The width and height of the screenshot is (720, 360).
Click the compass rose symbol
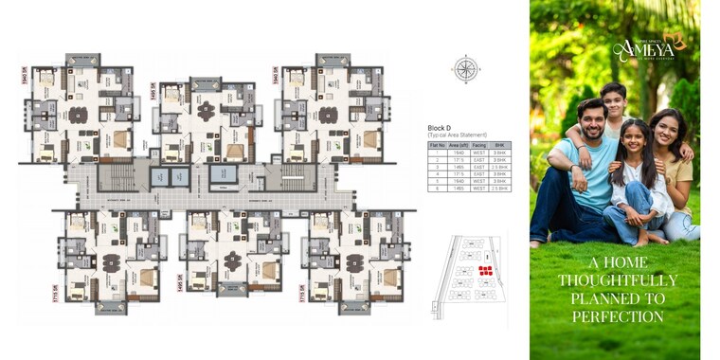465,69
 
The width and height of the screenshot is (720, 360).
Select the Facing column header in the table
479,145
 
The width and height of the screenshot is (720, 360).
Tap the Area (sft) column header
459,145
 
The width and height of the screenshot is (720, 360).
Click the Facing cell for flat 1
479,153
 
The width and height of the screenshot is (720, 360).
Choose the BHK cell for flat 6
500,189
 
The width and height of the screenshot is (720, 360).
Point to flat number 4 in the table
437,174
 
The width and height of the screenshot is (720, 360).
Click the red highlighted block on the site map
485,272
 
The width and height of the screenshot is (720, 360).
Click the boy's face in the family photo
614,99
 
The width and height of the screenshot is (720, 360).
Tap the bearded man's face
590,117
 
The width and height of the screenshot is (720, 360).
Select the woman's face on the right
666,130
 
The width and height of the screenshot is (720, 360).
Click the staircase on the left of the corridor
116,177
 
